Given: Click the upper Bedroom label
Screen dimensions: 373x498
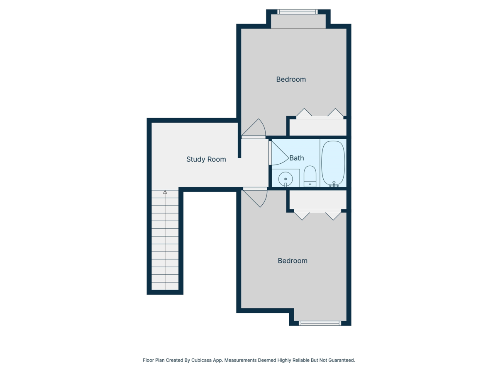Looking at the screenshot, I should pyautogui.click(x=291, y=79).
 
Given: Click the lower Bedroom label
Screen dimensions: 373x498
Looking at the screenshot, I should pyautogui.click(x=293, y=261).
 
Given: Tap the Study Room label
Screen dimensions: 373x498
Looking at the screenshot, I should pyautogui.click(x=206, y=159).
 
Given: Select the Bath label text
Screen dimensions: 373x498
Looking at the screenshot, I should pyautogui.click(x=296, y=158).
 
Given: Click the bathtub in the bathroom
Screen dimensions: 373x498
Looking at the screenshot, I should pyautogui.click(x=333, y=163).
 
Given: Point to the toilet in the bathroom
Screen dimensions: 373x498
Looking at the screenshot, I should pyautogui.click(x=310, y=176).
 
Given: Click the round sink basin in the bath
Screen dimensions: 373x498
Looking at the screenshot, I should pyautogui.click(x=286, y=179).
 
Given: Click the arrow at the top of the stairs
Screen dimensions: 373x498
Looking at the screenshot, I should pyautogui.click(x=165, y=192).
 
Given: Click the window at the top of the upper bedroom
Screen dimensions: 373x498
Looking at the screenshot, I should pyautogui.click(x=298, y=12).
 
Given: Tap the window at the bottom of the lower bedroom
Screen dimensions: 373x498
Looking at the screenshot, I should pyautogui.click(x=320, y=323).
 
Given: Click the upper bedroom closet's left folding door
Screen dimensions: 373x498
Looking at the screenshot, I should pyautogui.click(x=304, y=113).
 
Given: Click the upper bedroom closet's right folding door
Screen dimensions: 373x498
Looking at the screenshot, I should pyautogui.click(x=335, y=113).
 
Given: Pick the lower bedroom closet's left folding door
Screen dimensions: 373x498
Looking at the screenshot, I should pyautogui.click(x=302, y=215).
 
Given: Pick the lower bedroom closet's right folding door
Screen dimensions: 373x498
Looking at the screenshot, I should pyautogui.click(x=333, y=215).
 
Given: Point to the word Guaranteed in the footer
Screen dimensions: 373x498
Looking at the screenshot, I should pyautogui.click(x=339, y=360).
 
